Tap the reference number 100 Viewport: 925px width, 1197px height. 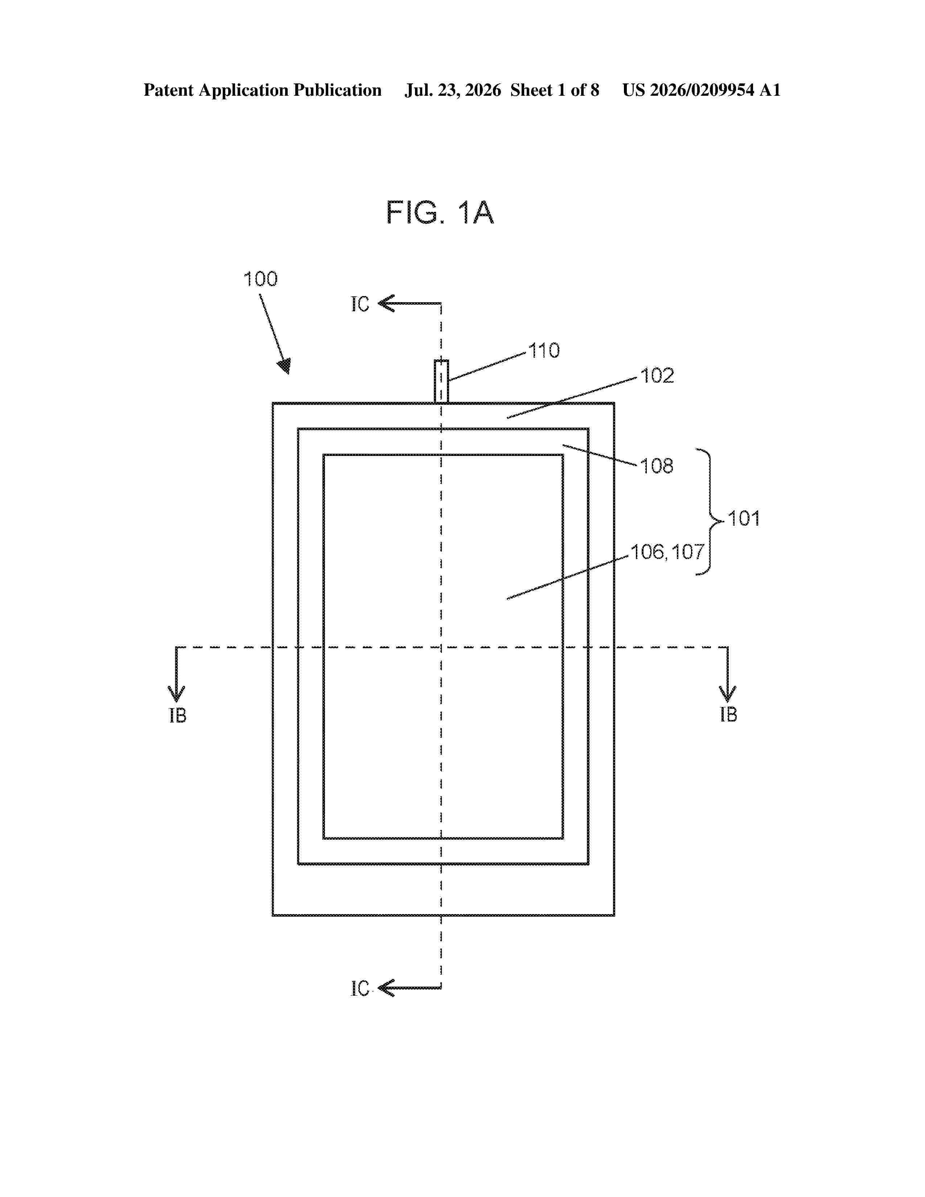click(260, 280)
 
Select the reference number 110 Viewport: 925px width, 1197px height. click(544, 351)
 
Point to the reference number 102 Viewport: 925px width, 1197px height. click(657, 376)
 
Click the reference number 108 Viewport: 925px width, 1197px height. click(657, 466)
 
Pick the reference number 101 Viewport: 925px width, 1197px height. click(744, 518)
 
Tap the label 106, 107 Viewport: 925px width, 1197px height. click(667, 552)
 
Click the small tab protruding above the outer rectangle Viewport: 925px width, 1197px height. click(441, 382)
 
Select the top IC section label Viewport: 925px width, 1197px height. click(360, 305)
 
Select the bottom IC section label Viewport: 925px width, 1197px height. click(360, 989)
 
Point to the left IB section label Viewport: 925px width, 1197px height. click(177, 716)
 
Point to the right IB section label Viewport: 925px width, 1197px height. click(728, 715)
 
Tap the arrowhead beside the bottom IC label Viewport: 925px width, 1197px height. click(386, 988)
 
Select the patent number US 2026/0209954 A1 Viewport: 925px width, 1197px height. click(702, 90)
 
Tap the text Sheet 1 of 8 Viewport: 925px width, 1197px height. click(555, 90)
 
